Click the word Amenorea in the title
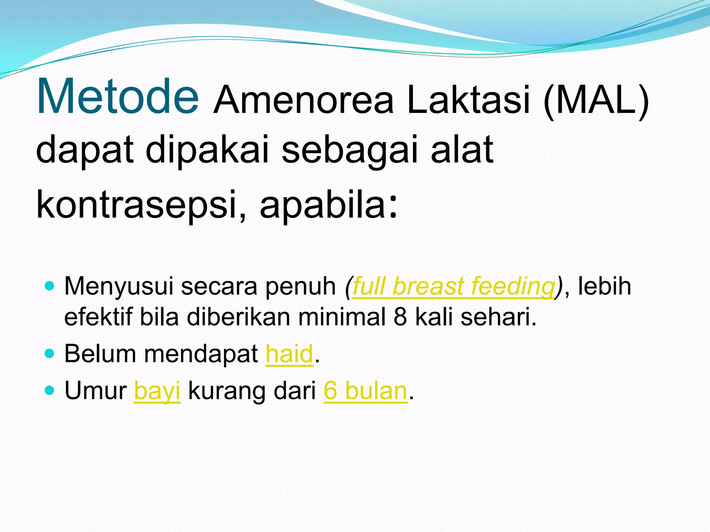(303, 100)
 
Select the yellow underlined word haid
(289, 354)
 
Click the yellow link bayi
(157, 391)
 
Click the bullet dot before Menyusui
(50, 286)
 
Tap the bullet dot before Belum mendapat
(50, 354)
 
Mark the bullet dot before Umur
(50, 390)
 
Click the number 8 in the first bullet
(400, 317)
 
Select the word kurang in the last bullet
(227, 391)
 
